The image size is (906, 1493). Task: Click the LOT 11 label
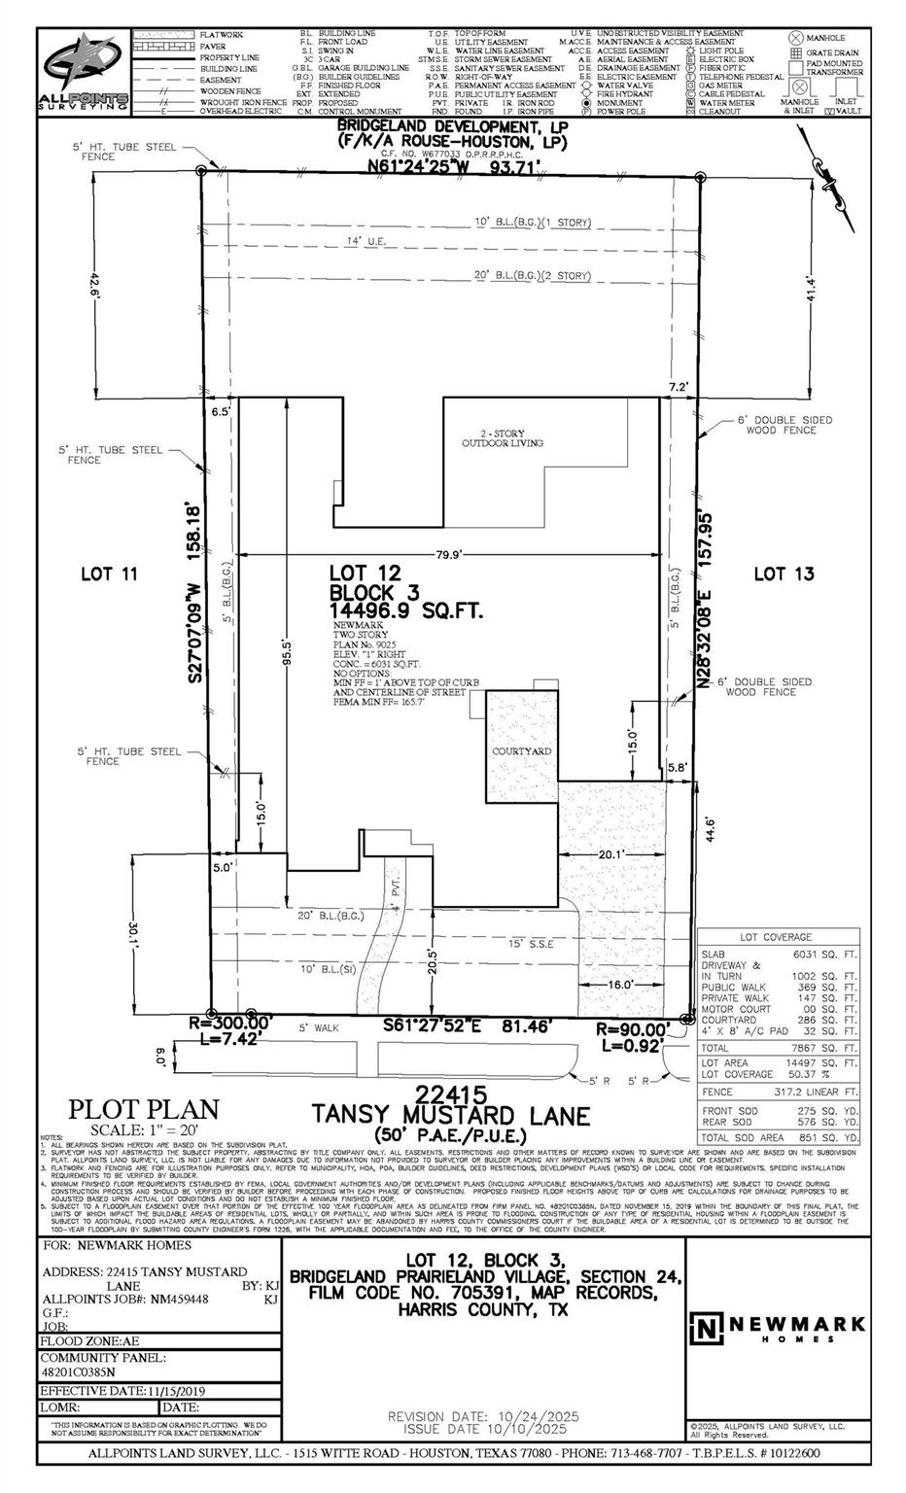click(109, 574)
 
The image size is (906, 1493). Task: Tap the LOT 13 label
click(784, 574)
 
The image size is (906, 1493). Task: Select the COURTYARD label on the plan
click(522, 751)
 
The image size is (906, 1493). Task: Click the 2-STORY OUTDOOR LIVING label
click(502, 437)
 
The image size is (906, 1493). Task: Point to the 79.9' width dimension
click(449, 555)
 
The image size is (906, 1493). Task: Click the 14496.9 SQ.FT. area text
click(406, 611)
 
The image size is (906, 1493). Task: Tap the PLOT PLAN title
click(143, 1109)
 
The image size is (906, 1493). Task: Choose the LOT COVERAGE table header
click(776, 937)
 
